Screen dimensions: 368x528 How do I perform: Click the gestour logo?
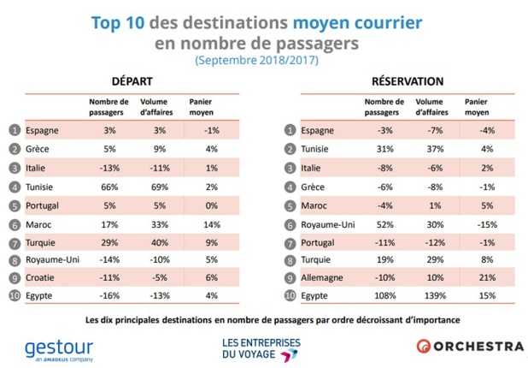coord(59,347)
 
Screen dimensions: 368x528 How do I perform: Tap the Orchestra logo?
coord(470,346)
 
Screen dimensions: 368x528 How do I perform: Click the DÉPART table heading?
coord(132,81)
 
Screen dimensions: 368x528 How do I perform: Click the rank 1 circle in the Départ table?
coord(14,130)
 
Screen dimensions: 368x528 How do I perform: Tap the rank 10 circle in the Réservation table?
coord(288,294)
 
